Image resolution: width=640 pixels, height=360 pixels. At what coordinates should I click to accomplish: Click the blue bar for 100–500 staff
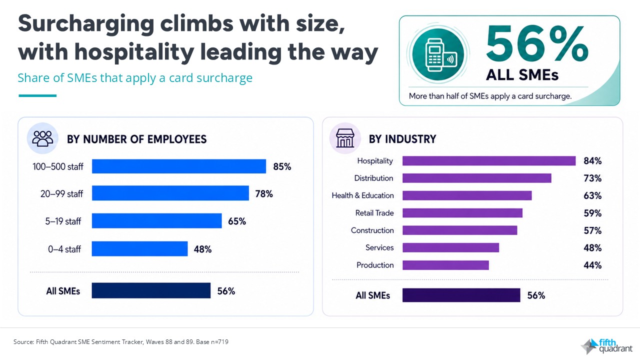click(x=179, y=166)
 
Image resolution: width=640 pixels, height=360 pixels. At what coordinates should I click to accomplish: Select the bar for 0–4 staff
click(x=139, y=248)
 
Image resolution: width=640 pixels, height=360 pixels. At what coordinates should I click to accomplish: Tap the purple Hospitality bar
click(x=489, y=161)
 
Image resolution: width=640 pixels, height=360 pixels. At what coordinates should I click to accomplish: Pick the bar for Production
click(x=445, y=265)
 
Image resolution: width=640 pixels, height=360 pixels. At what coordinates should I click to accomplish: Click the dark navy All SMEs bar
click(x=151, y=290)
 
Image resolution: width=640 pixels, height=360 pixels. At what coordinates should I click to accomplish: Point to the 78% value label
click(x=264, y=194)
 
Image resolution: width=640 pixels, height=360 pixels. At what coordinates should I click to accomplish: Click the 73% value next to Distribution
click(x=592, y=178)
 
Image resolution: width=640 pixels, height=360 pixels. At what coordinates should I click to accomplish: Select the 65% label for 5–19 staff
click(x=237, y=221)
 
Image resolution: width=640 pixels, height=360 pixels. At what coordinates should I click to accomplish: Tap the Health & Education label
click(x=362, y=195)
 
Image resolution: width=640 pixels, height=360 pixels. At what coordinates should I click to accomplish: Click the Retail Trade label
click(x=374, y=213)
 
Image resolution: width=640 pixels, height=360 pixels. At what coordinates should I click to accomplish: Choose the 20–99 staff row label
click(x=61, y=194)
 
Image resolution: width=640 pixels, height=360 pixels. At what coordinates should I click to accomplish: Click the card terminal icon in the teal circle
click(x=440, y=54)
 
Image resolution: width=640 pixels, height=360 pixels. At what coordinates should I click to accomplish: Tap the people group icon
click(x=42, y=138)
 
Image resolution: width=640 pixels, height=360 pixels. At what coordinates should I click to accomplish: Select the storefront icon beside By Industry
click(x=345, y=138)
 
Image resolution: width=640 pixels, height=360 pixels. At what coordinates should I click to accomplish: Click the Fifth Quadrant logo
click(x=607, y=345)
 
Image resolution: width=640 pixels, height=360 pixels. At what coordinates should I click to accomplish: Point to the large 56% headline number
click(x=537, y=43)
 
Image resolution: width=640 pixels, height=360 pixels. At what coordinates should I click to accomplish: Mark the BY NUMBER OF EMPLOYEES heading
click(x=136, y=139)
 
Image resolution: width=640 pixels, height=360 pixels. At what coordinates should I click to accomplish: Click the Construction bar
click(x=459, y=230)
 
